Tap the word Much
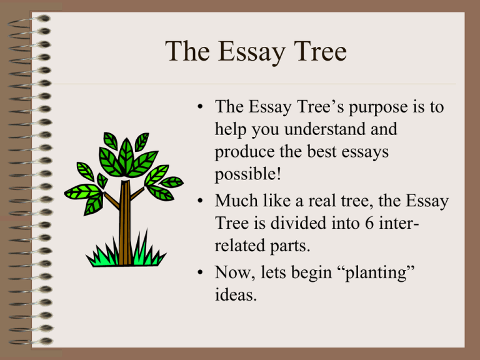tap(238, 201)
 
